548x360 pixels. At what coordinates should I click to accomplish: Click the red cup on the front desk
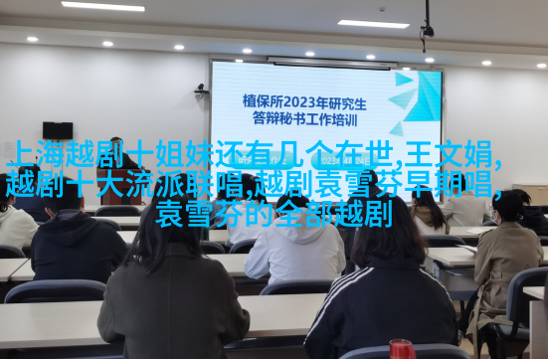(x=402, y=349)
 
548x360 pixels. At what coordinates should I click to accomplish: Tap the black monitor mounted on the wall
(x=58, y=130)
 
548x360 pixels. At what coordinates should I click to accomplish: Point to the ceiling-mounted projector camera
(x=427, y=32)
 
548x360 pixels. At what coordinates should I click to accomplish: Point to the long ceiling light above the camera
(x=373, y=24)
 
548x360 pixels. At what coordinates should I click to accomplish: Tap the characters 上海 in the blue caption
(x=35, y=154)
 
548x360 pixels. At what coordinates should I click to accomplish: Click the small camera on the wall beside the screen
(x=201, y=89)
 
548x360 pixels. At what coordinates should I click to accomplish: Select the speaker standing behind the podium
(x=121, y=154)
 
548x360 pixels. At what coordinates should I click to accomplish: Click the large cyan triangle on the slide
(x=424, y=96)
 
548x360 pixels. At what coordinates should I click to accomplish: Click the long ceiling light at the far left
(x=102, y=6)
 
